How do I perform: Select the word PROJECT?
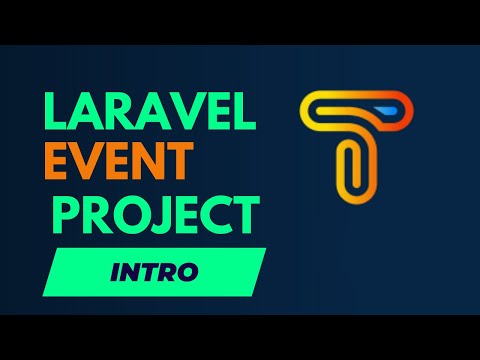click(x=156, y=214)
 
